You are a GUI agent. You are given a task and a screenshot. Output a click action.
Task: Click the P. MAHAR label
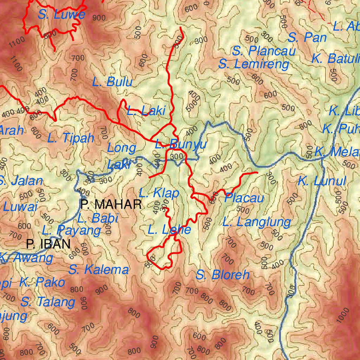pyautogui.click(x=111, y=204)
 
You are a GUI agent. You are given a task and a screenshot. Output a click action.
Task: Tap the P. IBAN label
pyautogui.click(x=48, y=244)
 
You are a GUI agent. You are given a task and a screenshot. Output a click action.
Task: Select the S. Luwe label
pyautogui.click(x=62, y=15)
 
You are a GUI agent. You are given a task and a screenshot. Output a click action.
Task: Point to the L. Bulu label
pyautogui.click(x=112, y=82)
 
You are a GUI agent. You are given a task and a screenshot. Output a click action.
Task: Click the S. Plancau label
pyautogui.click(x=264, y=51)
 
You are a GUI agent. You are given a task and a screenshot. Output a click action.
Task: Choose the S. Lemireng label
pyautogui.click(x=253, y=65)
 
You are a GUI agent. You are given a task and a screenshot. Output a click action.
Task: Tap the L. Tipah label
pyautogui.click(x=71, y=138)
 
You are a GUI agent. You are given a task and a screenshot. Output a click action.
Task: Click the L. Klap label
pyautogui.click(x=159, y=193)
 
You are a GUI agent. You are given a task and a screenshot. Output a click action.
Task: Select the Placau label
pyautogui.click(x=244, y=198)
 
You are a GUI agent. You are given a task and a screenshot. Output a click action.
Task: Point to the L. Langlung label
pyautogui.click(x=257, y=222)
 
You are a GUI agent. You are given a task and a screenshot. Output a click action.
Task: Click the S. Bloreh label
pyautogui.click(x=223, y=275)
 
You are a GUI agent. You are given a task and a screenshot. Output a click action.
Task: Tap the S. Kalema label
pyautogui.click(x=98, y=270)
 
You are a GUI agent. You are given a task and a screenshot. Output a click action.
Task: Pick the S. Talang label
pyautogui.click(x=48, y=302)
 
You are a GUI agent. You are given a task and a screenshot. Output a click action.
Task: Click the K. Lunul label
pyautogui.click(x=322, y=182)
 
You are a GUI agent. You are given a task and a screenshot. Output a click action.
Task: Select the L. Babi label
pyautogui.click(x=98, y=218)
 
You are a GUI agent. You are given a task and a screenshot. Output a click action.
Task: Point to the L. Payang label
pyautogui.click(x=71, y=231)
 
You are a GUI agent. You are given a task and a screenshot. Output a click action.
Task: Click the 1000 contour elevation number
pyautogui.click(x=343, y=315)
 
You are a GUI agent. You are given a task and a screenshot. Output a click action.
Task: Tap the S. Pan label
pyautogui.click(x=307, y=38)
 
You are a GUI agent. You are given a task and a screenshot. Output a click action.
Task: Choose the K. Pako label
pyautogui.click(x=42, y=282)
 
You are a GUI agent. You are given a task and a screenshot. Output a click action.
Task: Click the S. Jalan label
pyautogui.click(x=21, y=181)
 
